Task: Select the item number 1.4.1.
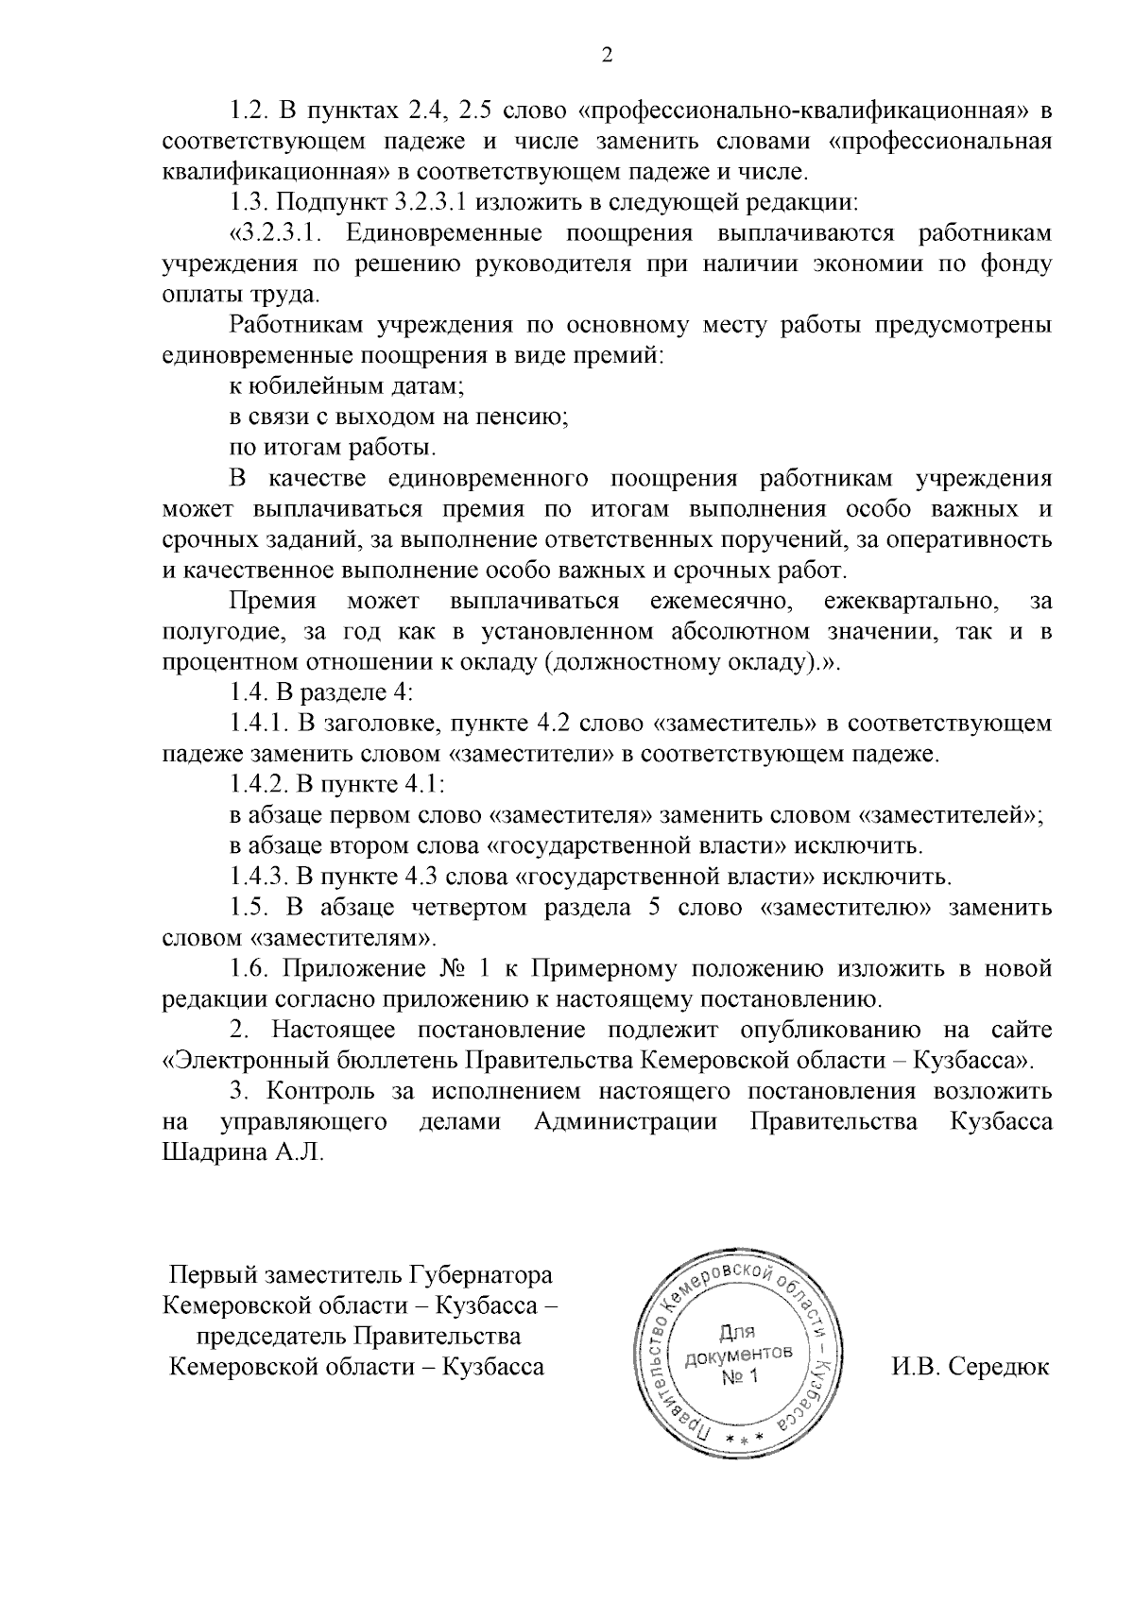[258, 724]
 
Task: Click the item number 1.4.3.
[258, 877]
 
